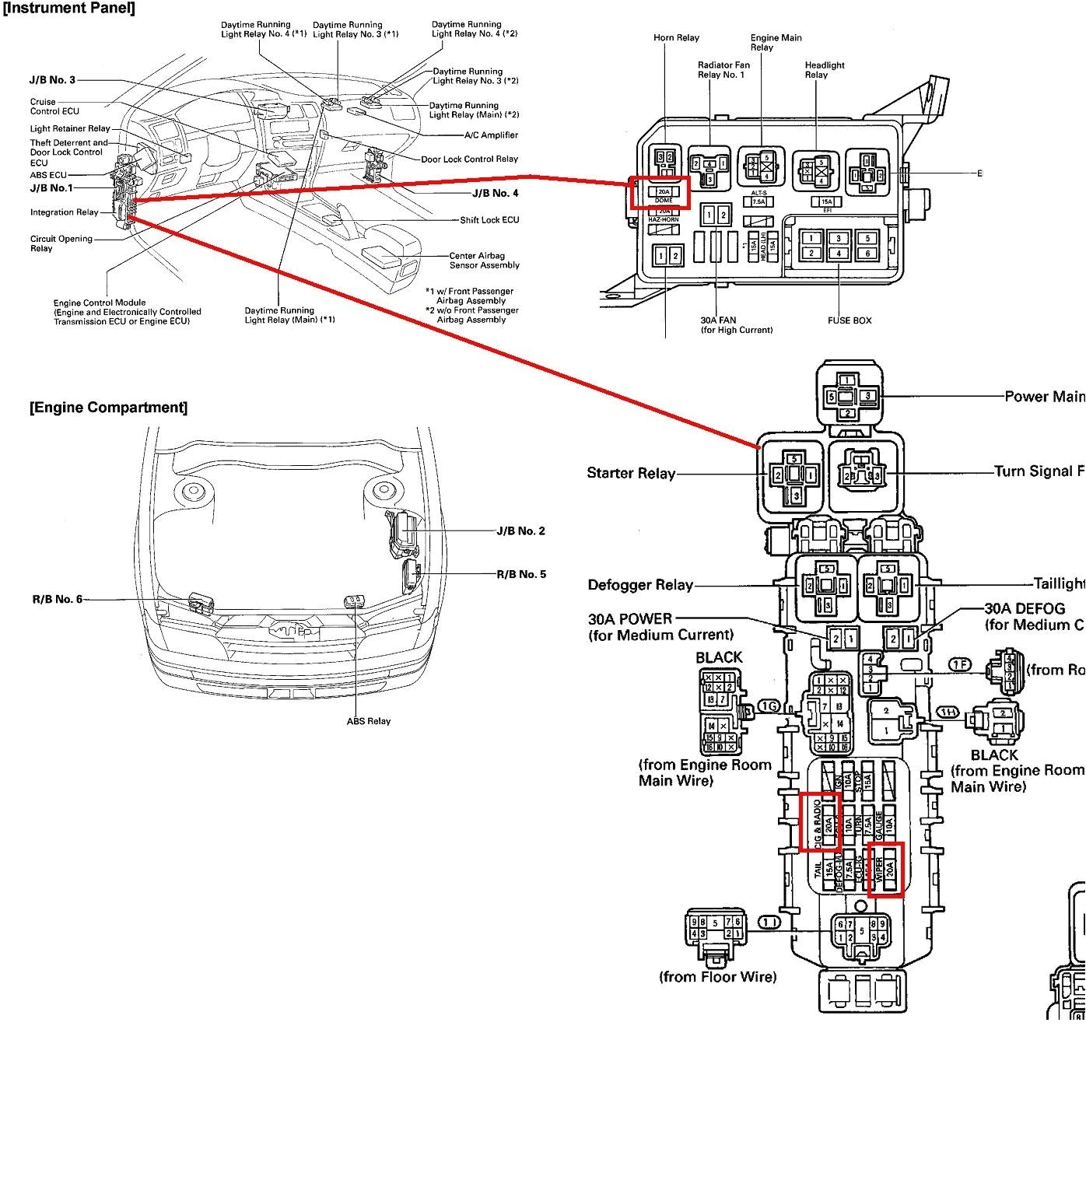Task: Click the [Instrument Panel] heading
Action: click(x=68, y=9)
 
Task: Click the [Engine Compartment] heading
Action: click(x=108, y=408)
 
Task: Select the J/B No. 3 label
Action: click(x=52, y=80)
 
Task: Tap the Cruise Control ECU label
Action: click(x=54, y=107)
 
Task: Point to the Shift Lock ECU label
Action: click(x=489, y=220)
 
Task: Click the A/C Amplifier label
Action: click(x=491, y=135)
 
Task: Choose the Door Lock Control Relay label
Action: click(x=469, y=159)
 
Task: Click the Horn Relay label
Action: click(x=676, y=38)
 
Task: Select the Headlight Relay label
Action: click(x=824, y=70)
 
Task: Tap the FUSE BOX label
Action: click(x=849, y=320)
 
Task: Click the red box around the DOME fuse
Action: click(x=660, y=193)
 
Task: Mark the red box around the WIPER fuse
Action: click(x=885, y=869)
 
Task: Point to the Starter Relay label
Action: click(x=631, y=473)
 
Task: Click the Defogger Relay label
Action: click(x=640, y=586)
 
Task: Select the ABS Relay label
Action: click(x=369, y=721)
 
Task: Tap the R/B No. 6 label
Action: click(x=57, y=599)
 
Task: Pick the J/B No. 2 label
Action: click(x=520, y=531)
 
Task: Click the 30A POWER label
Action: click(x=630, y=619)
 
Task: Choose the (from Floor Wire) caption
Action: click(x=717, y=977)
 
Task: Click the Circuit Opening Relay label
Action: click(x=61, y=243)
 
